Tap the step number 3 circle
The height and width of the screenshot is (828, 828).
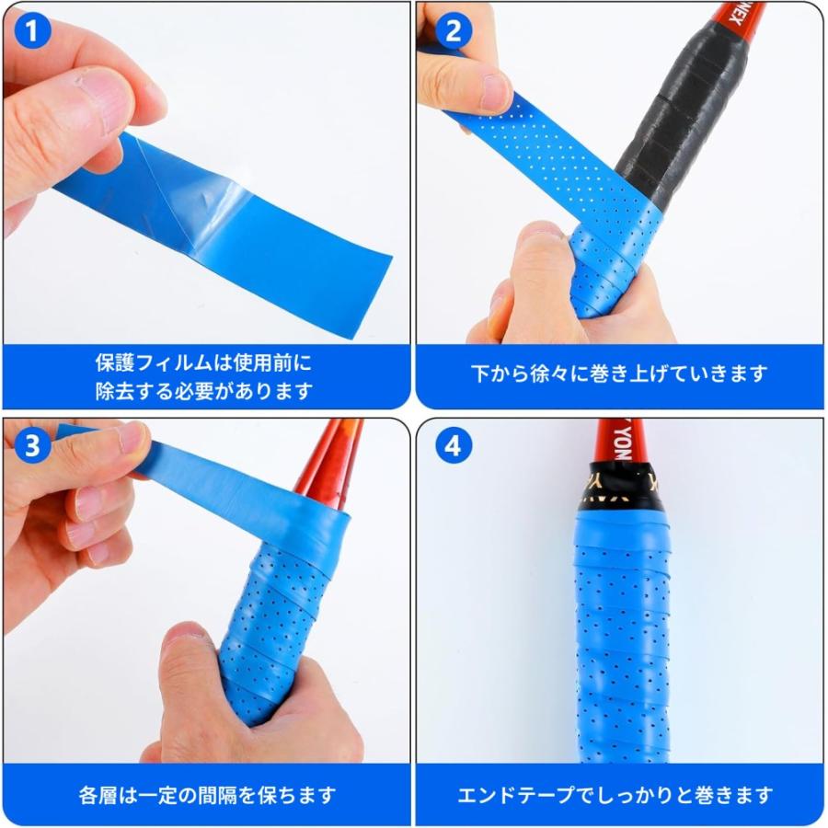tap(33, 447)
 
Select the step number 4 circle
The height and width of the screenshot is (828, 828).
tap(452, 447)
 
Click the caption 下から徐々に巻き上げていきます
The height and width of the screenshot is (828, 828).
tap(619, 374)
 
